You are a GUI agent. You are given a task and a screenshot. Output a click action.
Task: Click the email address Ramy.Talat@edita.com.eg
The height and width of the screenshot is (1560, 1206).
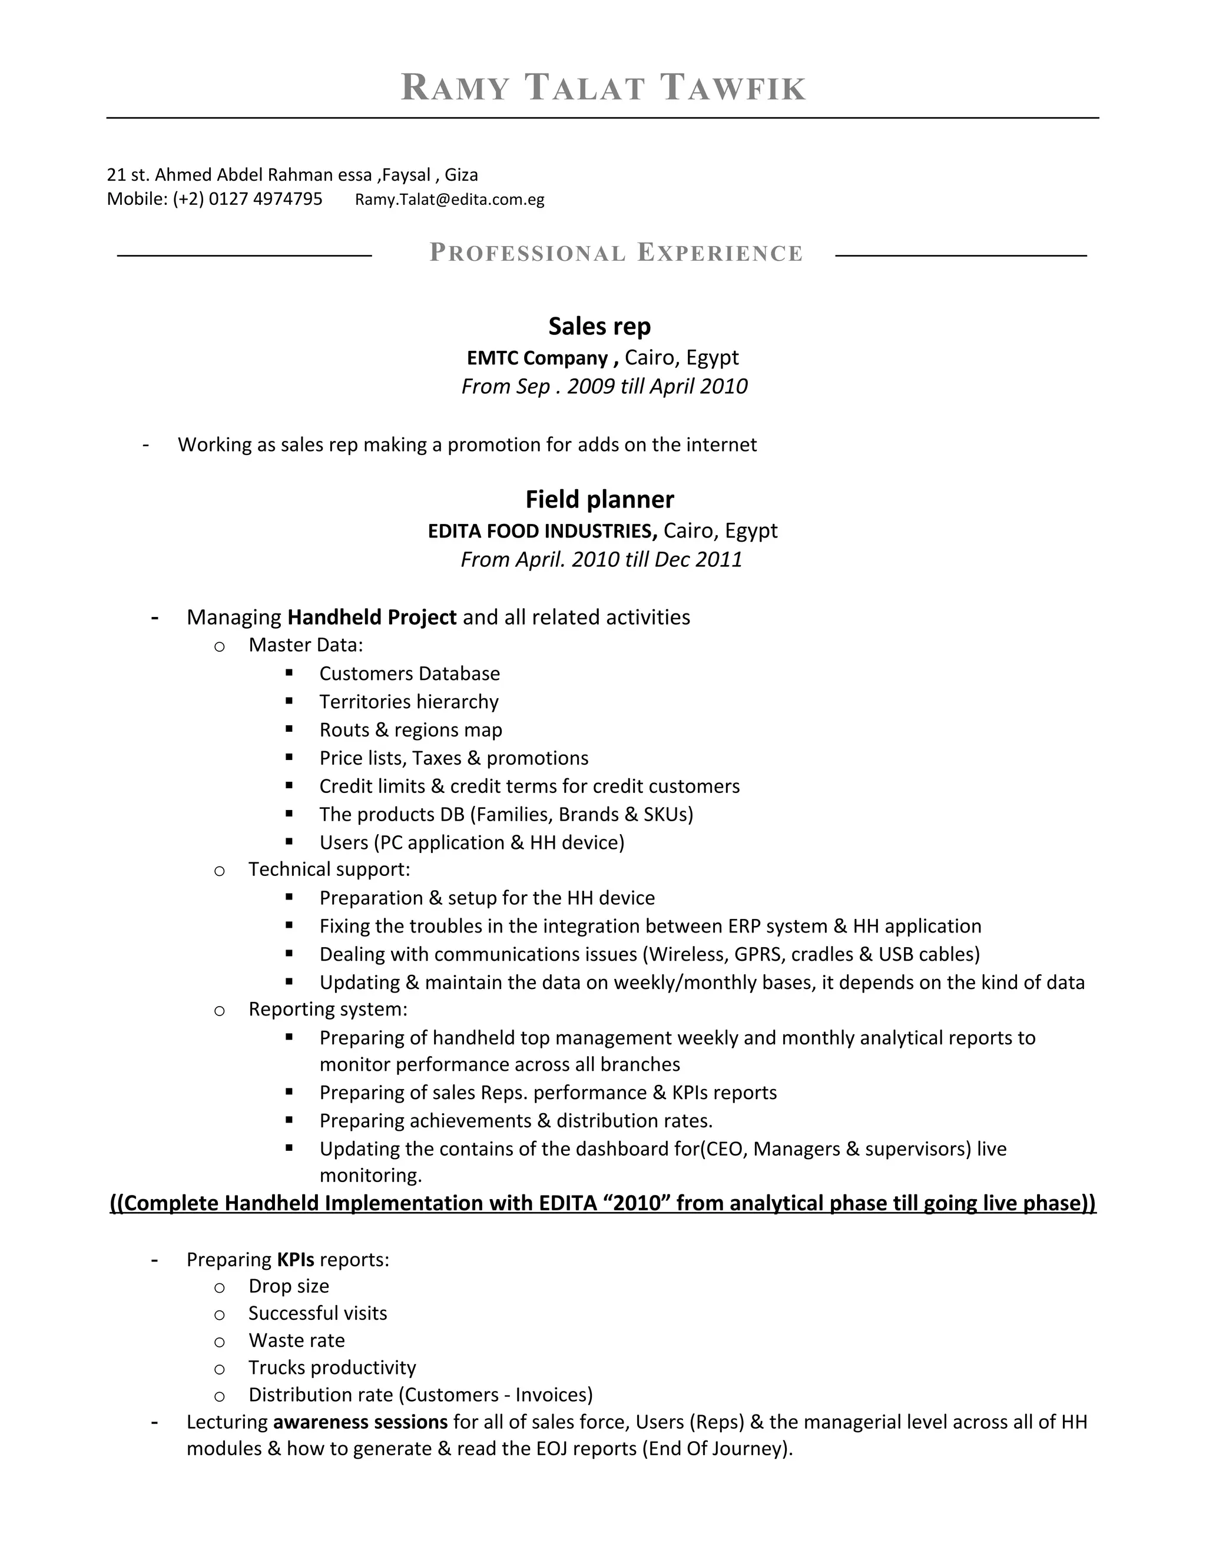[x=449, y=200]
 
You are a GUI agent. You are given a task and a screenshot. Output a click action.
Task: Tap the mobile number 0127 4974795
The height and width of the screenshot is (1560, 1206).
[x=265, y=198]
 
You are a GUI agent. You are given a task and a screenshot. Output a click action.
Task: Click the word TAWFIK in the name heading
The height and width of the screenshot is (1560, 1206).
[x=733, y=88]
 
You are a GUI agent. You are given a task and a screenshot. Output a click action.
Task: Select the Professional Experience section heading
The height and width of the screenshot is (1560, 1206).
[x=616, y=253]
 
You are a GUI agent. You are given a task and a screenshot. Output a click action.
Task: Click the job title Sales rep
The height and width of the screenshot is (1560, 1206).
[x=599, y=327]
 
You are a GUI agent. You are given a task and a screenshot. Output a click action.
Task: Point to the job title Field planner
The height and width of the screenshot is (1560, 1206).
[x=599, y=499]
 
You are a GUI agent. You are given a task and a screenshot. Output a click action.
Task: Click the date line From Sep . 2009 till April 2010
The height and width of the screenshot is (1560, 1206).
[x=604, y=386]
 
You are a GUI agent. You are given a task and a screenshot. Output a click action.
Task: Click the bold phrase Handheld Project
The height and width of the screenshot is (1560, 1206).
[x=372, y=617]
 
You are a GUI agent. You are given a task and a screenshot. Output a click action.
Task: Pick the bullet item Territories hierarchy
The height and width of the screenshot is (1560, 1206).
[x=409, y=702]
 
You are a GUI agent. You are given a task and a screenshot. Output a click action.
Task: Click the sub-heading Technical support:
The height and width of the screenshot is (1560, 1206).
[x=329, y=869]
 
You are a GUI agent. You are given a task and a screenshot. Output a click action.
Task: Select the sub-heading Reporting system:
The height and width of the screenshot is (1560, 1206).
[x=328, y=1009]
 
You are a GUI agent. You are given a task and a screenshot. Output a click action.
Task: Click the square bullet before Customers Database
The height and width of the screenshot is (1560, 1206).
[x=289, y=672]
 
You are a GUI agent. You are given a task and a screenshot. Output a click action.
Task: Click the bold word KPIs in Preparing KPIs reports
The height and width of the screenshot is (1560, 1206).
[x=296, y=1259]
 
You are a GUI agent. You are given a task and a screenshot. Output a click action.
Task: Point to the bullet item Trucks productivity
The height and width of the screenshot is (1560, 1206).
[x=332, y=1368]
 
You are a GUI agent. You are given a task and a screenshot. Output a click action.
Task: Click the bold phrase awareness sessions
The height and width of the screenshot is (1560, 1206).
[x=360, y=1422]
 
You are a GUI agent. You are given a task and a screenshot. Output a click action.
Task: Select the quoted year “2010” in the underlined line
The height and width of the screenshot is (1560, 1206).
[x=637, y=1204]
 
